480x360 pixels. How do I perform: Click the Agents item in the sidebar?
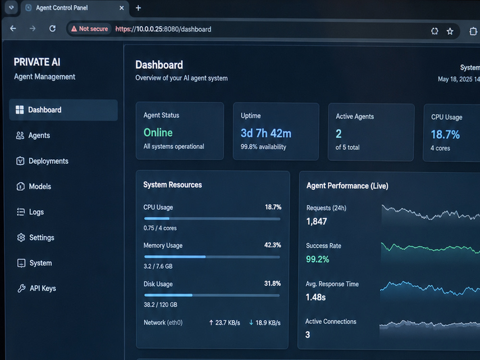coord(33,135)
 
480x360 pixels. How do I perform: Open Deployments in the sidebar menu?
coord(42,161)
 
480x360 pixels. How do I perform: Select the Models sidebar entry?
coord(34,186)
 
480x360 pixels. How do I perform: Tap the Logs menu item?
coord(30,212)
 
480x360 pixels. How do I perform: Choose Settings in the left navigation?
coord(35,238)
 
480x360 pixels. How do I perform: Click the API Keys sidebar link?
coord(36,288)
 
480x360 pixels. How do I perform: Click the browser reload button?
coord(52,28)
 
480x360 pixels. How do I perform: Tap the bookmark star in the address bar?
coord(450,31)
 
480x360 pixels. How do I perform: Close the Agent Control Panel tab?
coord(121,8)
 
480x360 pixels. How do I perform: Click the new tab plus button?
coord(138,8)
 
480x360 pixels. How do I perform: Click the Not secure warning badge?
coord(89,29)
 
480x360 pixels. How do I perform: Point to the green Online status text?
coord(158,132)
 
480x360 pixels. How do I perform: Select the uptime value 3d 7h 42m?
coord(266,133)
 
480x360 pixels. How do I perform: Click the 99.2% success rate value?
coord(317,259)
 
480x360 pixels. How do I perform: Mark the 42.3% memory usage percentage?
coord(273,245)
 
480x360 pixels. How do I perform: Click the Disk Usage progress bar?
coord(212,295)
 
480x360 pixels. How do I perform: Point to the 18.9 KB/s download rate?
coord(264,323)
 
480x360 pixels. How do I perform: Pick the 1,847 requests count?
coord(316,221)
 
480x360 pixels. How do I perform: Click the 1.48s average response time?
coord(316,297)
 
